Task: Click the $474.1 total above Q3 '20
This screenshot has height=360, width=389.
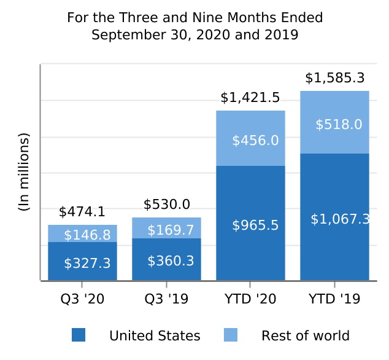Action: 82,213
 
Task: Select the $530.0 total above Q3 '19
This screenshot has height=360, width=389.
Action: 166,205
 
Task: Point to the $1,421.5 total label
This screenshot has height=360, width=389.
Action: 250,98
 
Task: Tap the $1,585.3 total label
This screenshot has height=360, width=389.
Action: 334,78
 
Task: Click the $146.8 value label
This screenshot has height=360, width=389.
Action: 87,235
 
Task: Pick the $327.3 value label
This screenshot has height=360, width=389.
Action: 87,264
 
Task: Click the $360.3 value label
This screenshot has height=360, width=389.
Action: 171,261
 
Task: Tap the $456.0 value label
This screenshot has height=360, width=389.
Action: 255,141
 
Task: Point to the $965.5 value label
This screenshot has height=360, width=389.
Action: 255,225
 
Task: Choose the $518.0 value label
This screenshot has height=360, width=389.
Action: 339,125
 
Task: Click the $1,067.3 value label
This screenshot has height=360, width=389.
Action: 339,219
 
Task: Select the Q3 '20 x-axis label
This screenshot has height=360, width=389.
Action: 82,299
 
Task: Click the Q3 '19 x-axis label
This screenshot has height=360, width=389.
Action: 166,299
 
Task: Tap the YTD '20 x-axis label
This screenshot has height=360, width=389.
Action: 250,299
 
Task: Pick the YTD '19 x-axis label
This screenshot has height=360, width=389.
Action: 334,299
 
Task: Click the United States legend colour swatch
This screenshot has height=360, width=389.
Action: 78,335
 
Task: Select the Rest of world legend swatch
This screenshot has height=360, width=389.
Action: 230,335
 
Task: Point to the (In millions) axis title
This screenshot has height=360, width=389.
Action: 24,172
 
